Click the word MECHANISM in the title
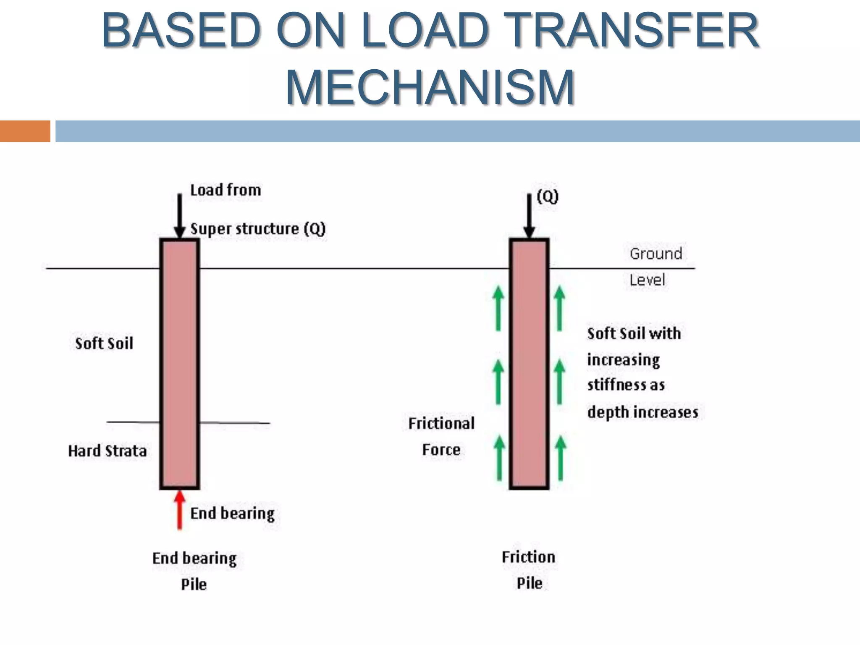(x=430, y=87)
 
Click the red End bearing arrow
(x=180, y=510)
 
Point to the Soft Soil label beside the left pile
(x=104, y=343)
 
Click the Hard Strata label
(x=107, y=451)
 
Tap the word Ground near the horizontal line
(x=655, y=254)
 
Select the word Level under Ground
(x=647, y=280)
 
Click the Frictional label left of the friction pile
(x=441, y=423)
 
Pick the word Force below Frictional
(x=441, y=450)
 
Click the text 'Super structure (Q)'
(x=258, y=229)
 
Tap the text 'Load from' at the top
(x=225, y=190)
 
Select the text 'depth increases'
(x=642, y=412)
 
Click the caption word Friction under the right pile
(x=529, y=557)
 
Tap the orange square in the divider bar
(x=25, y=131)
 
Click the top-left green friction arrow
(x=498, y=308)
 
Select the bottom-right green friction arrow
(x=560, y=458)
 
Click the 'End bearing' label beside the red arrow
(x=232, y=513)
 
